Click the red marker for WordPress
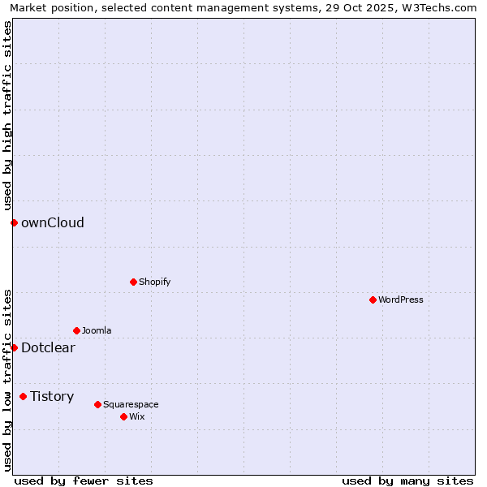click(373, 300)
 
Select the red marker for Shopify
click(133, 282)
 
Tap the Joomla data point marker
click(76, 330)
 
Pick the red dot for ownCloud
click(14, 222)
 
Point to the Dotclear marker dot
click(14, 347)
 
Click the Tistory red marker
click(23, 396)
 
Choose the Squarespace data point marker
click(97, 404)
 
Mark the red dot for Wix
click(123, 416)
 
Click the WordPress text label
click(401, 300)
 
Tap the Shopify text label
click(154, 282)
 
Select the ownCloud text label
click(53, 222)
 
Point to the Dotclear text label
click(48, 347)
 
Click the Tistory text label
click(52, 396)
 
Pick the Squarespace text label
click(131, 404)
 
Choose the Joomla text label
click(97, 330)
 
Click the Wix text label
click(136, 416)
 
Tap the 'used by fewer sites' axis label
click(84, 481)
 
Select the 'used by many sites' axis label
click(407, 481)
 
